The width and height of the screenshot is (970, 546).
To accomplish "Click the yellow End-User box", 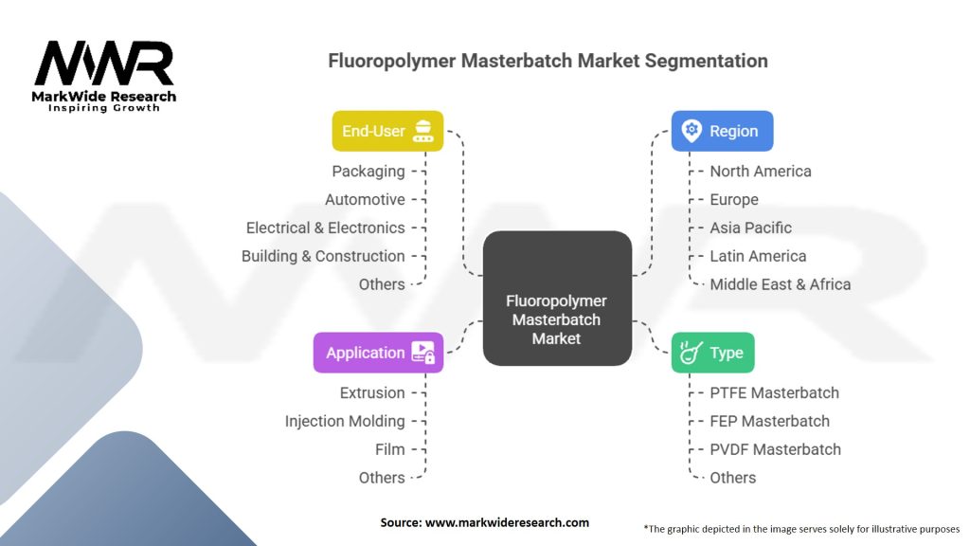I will click(x=386, y=131).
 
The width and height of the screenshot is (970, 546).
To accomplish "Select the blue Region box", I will click(x=722, y=131).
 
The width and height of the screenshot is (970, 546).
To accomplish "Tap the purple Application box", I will click(x=378, y=353).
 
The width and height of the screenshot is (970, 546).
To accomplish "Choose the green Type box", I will click(x=713, y=353).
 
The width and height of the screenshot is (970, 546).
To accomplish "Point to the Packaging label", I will click(x=368, y=172).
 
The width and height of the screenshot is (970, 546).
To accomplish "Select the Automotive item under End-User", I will click(x=365, y=200).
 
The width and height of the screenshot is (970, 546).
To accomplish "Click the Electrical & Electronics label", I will click(x=325, y=227).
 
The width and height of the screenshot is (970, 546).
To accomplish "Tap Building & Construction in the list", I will click(x=323, y=256).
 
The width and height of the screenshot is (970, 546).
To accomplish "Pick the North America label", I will click(x=761, y=172).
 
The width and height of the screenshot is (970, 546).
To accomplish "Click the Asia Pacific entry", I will click(x=750, y=227).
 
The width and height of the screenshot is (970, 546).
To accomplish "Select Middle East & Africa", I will click(x=781, y=284).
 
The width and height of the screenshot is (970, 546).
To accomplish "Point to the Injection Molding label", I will click(x=345, y=421).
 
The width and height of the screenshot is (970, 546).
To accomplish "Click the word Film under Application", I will click(x=389, y=449).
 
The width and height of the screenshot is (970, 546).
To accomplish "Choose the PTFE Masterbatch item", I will click(x=774, y=392).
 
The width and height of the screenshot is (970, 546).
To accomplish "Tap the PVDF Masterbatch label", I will click(x=775, y=449).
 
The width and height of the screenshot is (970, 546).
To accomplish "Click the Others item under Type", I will click(x=733, y=478).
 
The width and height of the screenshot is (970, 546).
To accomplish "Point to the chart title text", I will click(x=548, y=61).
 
